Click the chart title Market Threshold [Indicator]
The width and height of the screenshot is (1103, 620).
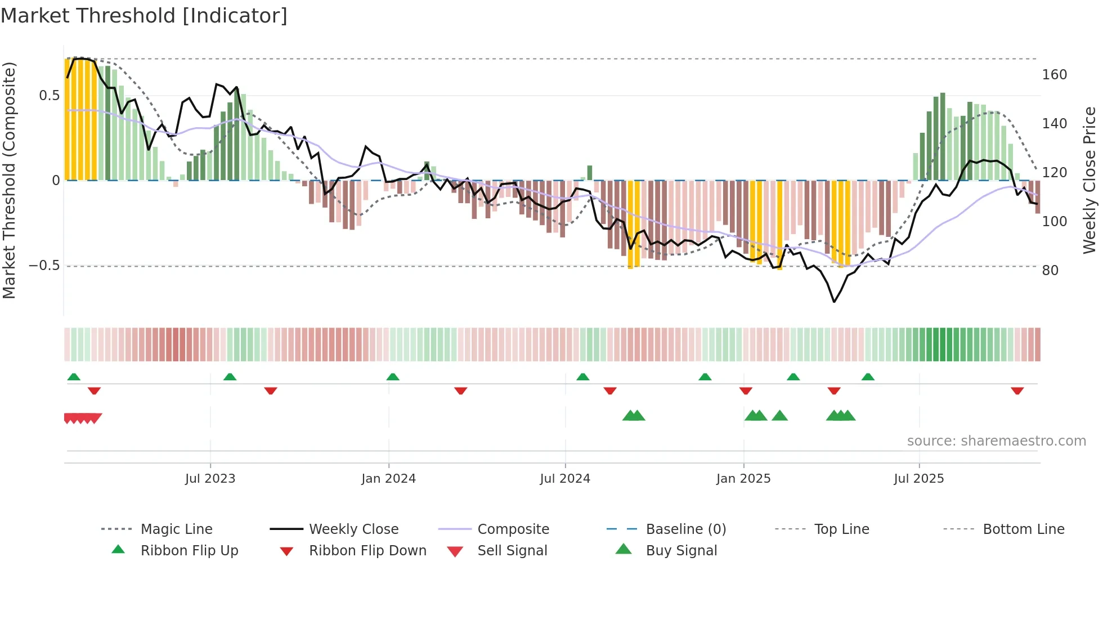144,16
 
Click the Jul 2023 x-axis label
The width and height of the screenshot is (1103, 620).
210,479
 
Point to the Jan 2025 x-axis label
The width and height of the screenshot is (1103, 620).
743,479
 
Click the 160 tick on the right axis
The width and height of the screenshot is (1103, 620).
1054,75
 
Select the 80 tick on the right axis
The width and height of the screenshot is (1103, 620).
1050,271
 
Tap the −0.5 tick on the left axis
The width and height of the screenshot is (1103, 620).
44,266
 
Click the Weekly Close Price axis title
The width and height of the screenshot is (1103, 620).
1089,180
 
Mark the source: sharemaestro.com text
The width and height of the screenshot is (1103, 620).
996,441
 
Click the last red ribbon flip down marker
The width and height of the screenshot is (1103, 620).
1017,390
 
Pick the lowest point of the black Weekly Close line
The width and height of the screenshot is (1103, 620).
834,302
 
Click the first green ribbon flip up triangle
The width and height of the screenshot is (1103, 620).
74,377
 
